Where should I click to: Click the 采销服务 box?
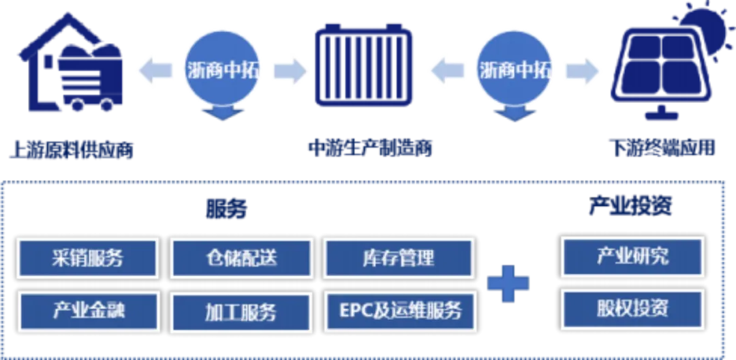click(88, 258)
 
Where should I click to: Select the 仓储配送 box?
click(241, 258)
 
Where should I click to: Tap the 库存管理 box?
click(399, 258)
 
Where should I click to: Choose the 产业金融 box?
click(88, 310)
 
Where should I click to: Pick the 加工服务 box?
click(241, 312)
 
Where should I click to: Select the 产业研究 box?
click(632, 256)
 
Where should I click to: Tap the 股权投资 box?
click(632, 308)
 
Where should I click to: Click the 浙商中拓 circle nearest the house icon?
click(221, 70)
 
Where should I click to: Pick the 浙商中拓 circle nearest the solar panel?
click(515, 70)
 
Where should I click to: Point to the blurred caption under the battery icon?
click(369, 147)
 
